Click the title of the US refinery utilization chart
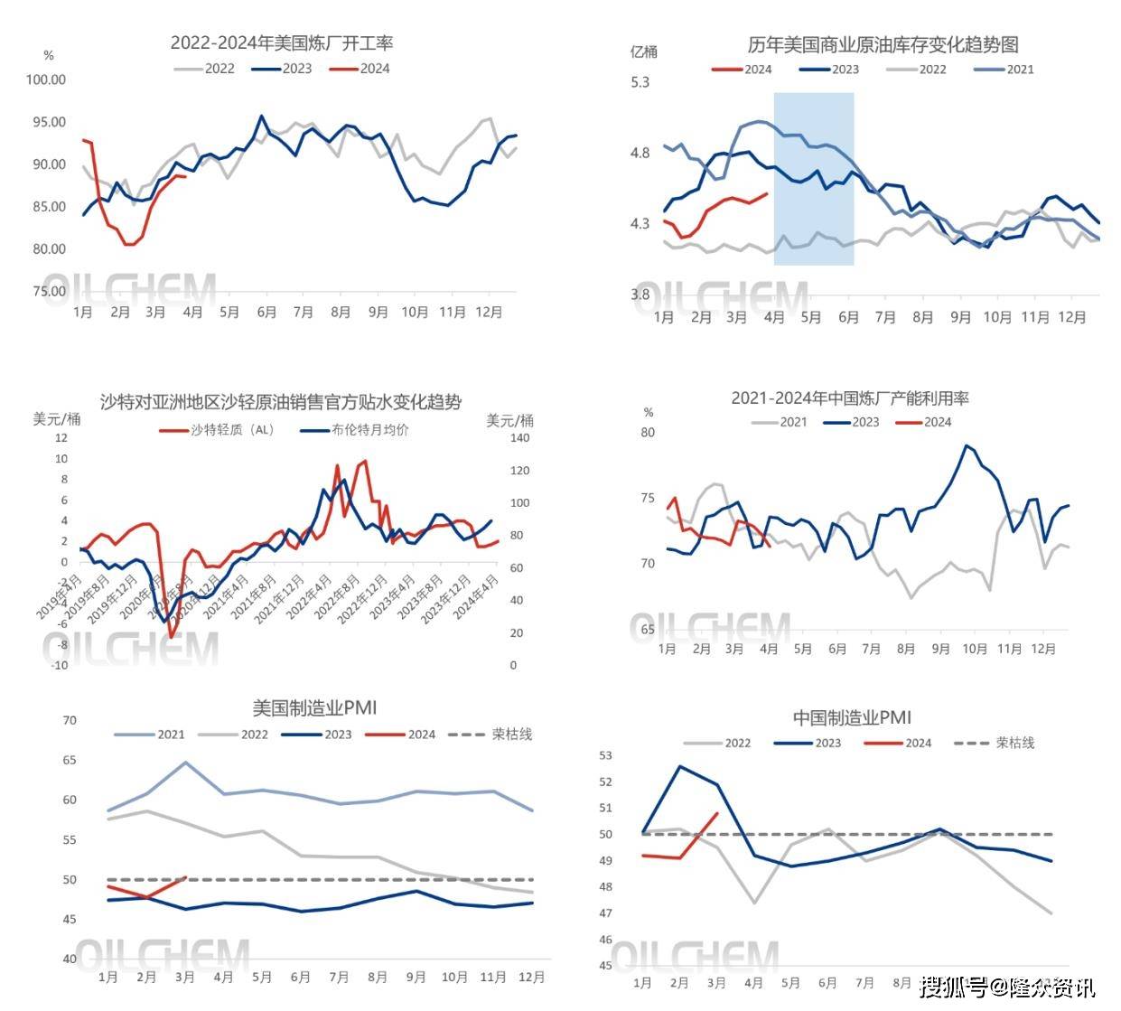282,42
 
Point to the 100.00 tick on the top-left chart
45,80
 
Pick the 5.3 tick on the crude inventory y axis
640,82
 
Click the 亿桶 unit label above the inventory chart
644,51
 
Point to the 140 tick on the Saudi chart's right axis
519,438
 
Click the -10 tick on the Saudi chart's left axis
61,666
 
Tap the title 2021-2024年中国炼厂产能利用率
850,398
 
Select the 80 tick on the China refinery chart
648,433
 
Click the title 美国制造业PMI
314,707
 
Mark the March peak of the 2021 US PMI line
185,763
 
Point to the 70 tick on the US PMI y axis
70,721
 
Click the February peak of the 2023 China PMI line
679,767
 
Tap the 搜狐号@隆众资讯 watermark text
1008,987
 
